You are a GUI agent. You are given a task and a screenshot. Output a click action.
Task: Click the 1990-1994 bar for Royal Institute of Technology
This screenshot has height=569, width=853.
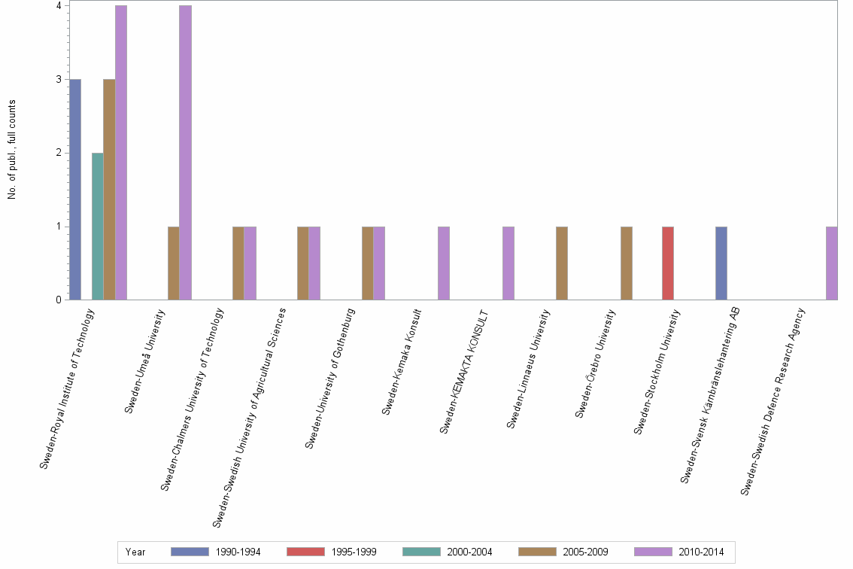(75, 189)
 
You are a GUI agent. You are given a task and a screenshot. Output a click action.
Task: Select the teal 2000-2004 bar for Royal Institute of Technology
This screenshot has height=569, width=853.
(98, 226)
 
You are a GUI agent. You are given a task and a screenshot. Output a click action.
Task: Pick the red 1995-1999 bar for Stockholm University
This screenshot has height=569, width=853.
(668, 263)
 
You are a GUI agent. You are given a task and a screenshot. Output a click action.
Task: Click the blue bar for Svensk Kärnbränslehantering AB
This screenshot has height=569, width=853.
(721, 263)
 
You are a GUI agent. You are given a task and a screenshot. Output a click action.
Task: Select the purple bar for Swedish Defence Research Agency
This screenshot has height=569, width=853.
(831, 263)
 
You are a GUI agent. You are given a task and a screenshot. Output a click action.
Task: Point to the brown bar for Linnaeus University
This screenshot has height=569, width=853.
(562, 263)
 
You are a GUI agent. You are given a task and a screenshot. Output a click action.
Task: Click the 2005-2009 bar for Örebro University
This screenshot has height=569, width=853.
(627, 263)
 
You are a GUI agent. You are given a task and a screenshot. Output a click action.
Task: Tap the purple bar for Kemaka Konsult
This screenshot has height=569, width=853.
(444, 263)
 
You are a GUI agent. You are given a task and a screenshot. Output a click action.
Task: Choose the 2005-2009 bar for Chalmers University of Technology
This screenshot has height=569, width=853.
(238, 263)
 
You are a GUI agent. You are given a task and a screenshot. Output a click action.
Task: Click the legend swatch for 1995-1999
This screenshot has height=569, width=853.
(305, 552)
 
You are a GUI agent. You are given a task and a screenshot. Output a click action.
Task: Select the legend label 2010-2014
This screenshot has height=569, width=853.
(701, 552)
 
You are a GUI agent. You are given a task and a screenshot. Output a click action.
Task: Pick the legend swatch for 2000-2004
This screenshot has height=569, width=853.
(421, 552)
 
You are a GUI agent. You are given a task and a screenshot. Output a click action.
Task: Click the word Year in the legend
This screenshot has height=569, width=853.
(136, 552)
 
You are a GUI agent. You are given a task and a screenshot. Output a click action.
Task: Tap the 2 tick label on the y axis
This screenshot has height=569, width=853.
(59, 153)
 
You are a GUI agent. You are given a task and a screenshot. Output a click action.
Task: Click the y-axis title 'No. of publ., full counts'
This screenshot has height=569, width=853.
(12, 150)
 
